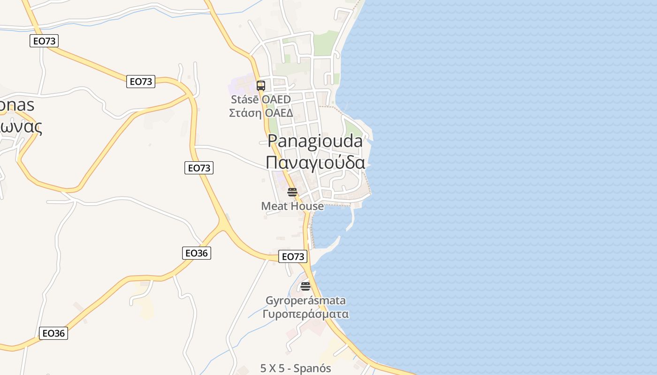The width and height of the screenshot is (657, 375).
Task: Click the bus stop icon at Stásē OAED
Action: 261,86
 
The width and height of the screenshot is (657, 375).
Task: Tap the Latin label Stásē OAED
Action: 260,99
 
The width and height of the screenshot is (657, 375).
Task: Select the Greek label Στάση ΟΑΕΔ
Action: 260,113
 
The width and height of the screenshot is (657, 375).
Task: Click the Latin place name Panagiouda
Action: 315,141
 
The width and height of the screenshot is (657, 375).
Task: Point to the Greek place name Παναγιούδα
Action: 315,162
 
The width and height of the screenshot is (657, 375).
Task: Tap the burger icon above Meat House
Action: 292,192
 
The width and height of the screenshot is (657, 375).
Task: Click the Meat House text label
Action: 292,206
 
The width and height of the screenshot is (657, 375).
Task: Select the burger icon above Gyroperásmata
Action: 306,286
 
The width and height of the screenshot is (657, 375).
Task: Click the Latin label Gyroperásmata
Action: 306,300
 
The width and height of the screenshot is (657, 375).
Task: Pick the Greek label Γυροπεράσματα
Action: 306,314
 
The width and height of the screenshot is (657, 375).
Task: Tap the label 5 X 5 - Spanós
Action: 296,368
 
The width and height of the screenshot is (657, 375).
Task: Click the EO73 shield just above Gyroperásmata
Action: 293,256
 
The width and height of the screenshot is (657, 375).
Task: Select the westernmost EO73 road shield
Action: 44,41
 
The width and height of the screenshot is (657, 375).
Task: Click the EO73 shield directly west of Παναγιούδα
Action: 199,168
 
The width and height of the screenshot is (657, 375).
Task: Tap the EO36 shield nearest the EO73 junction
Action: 196,253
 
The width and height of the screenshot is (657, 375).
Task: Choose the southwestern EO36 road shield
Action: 53,333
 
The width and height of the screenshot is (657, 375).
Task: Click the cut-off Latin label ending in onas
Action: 17,105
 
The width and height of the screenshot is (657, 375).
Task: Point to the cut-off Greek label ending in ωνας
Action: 21,126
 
